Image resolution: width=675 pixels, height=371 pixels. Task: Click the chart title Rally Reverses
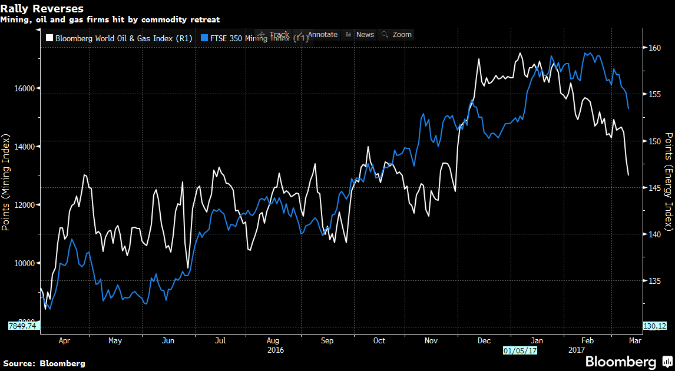pos(42,9)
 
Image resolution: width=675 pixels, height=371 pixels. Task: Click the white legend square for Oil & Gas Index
pos(49,38)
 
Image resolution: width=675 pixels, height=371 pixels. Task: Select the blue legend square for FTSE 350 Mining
pos(204,38)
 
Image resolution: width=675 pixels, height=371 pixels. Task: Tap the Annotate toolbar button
pos(317,35)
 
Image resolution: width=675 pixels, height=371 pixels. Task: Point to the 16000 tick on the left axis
pos(24,88)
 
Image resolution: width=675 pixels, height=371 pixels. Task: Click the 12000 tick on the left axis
pos(24,205)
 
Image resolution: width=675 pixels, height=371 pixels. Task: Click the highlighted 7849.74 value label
pos(23,326)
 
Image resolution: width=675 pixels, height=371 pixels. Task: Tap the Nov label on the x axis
pos(431,341)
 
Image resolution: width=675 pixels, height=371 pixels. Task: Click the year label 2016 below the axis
pos(276,350)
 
